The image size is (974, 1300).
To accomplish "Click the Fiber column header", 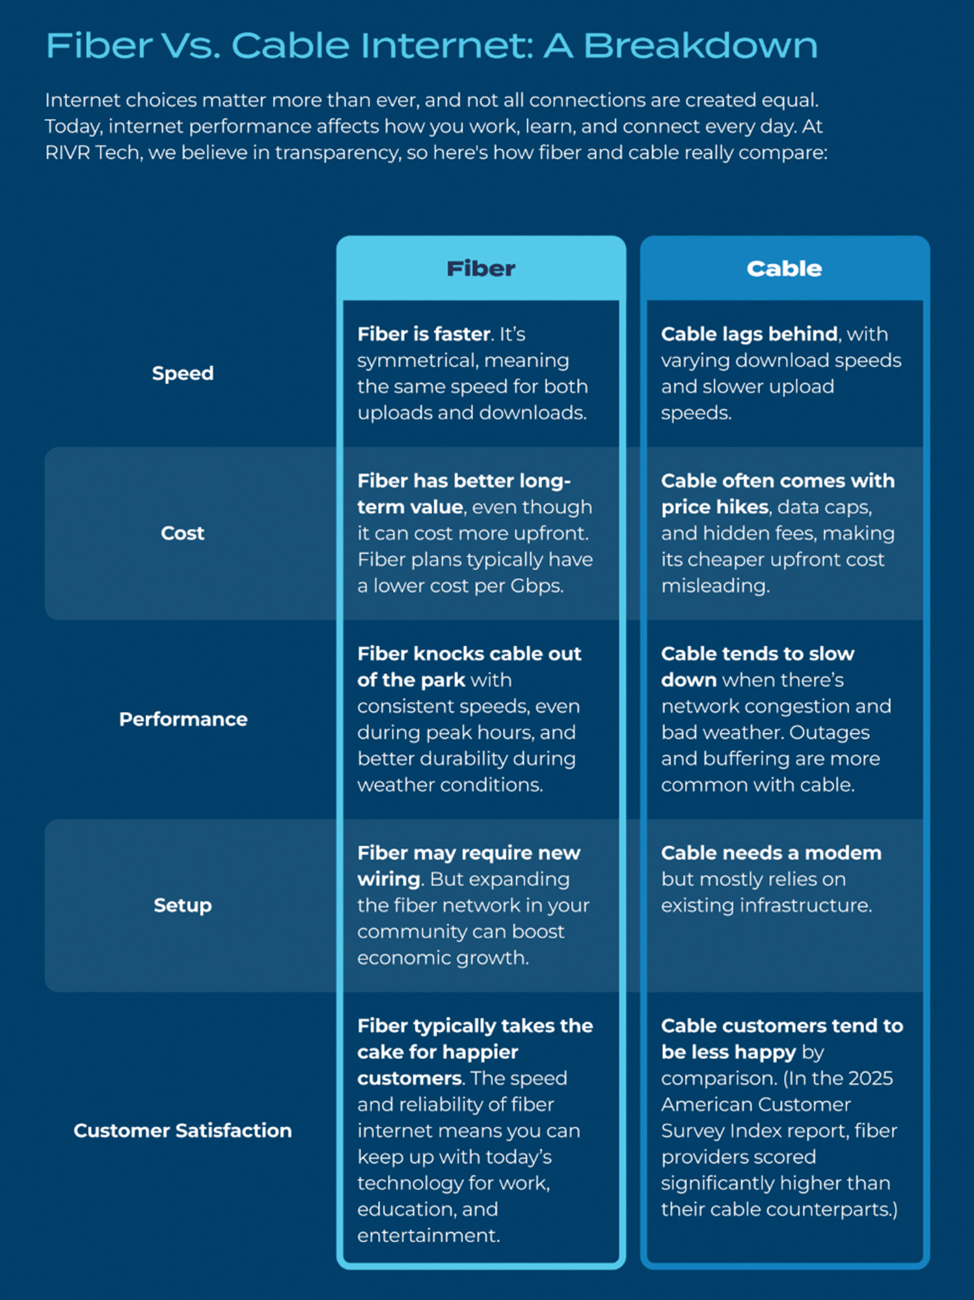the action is [x=481, y=269].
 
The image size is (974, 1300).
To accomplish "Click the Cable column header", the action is [x=784, y=269].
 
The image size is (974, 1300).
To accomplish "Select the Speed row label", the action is [x=183, y=373].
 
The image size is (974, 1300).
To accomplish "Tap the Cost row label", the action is [x=183, y=533].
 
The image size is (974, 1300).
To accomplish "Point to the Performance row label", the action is [x=183, y=719].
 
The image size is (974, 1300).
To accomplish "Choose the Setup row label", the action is [x=183, y=905].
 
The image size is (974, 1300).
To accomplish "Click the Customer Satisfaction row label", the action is [x=183, y=1130].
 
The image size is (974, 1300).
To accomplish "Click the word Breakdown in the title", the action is [x=700, y=46].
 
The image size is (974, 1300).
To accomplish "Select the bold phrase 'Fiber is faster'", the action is [x=424, y=334].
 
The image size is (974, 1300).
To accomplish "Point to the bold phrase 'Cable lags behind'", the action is [x=750, y=334].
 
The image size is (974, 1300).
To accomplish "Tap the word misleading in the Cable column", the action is [x=715, y=586].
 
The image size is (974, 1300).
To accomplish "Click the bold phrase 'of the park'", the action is [x=411, y=680].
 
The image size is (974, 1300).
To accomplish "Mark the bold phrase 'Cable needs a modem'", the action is [x=771, y=853].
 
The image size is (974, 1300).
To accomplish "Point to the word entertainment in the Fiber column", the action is [x=428, y=1236].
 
